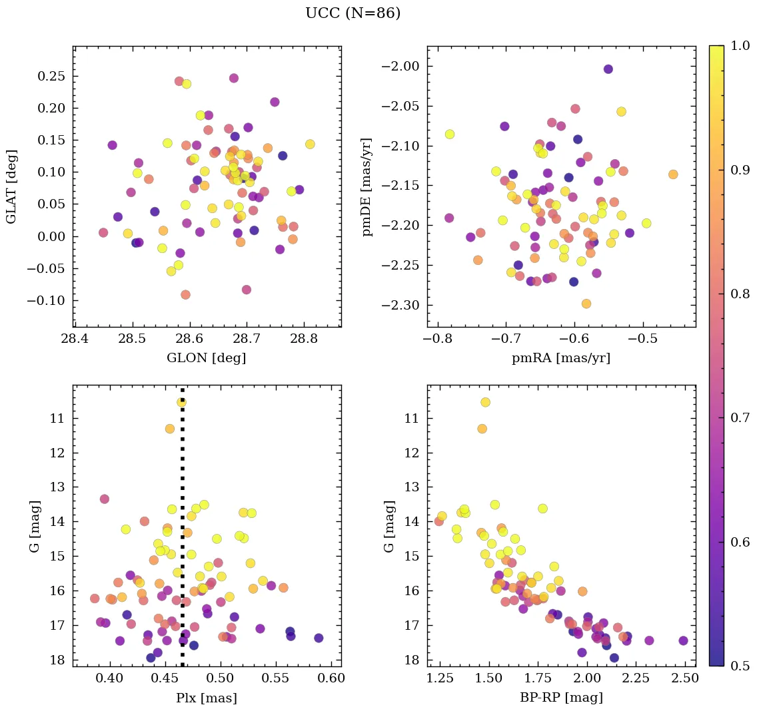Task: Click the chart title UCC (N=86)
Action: pos(353,13)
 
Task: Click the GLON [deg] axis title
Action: pos(207,358)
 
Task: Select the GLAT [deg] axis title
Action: pos(11,186)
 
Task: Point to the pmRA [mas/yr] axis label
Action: pos(561,358)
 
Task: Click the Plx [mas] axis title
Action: pos(207,698)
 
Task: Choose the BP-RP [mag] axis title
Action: pos(561,698)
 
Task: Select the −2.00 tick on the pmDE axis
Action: pos(400,66)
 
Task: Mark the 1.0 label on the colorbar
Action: pos(740,46)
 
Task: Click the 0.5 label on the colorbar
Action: pos(740,666)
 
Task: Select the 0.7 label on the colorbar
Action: pos(740,418)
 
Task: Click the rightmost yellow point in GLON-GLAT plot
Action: pos(310,144)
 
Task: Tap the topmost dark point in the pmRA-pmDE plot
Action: pos(608,69)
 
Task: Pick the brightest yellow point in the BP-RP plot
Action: pos(485,402)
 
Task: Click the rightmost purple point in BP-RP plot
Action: pos(683,640)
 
